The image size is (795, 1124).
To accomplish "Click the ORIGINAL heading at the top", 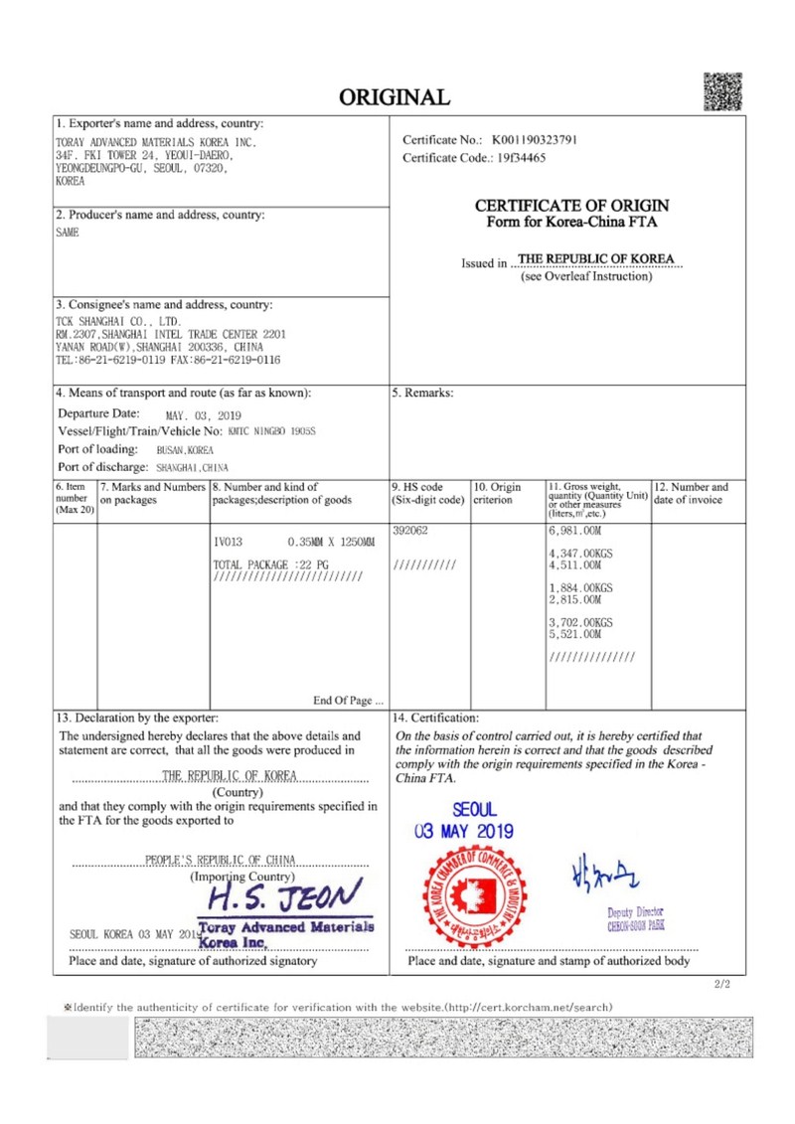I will tap(395, 96).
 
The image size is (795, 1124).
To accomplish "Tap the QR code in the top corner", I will tap(723, 91).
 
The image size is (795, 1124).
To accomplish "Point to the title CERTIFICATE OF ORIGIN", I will tap(571, 206).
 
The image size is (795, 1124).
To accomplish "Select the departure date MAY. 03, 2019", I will tap(203, 415).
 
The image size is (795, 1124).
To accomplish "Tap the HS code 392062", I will tap(411, 531).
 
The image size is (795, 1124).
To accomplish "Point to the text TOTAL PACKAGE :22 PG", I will tap(270, 564).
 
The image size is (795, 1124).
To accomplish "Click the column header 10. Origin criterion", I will tap(497, 493).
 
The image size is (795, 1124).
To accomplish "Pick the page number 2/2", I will tap(722, 985).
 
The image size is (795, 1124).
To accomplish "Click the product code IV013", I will tap(229, 543).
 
